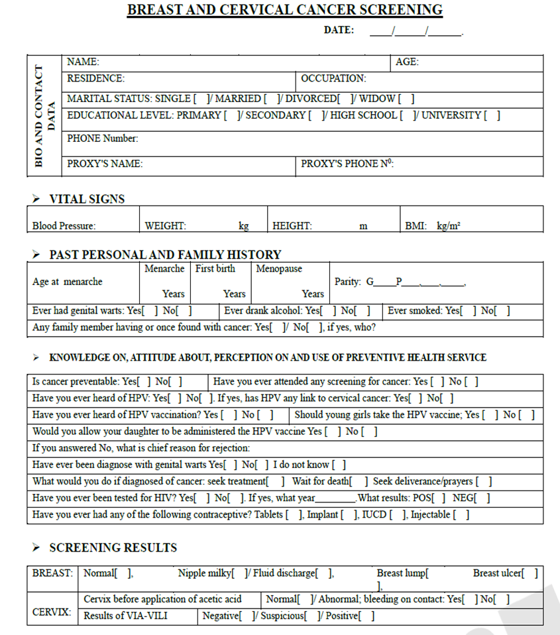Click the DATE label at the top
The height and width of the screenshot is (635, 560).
tap(339, 30)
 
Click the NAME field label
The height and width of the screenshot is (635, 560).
tap(83, 62)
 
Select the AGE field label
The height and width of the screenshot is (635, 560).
tap(406, 62)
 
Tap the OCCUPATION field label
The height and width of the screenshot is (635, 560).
tap(333, 78)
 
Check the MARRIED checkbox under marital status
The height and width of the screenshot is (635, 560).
tap(271, 99)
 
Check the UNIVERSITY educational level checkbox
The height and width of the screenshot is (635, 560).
tap(492, 115)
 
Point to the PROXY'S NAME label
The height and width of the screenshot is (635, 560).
tap(105, 164)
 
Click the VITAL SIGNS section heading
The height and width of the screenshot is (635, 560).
tap(87, 199)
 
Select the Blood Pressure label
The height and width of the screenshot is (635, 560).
tap(64, 225)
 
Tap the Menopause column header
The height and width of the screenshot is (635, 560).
tap(279, 268)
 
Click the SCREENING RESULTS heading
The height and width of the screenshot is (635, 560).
tap(113, 548)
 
